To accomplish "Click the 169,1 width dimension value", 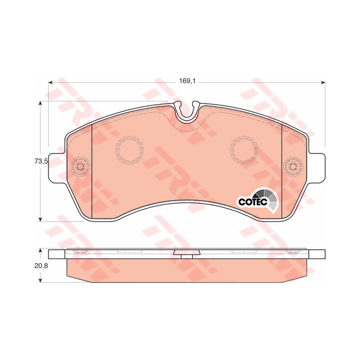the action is tap(187, 81).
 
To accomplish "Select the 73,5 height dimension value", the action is tap(41, 161).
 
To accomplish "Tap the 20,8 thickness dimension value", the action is tap(41, 266).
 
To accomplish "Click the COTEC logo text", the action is tap(253, 202).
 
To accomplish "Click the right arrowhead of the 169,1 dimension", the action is tap(323, 82).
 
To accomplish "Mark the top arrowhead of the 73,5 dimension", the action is tap(41, 103).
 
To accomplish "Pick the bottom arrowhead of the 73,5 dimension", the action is tap(41, 219).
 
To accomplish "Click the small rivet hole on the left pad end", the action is tap(81, 166).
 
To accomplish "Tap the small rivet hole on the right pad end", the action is tap(293, 166).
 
